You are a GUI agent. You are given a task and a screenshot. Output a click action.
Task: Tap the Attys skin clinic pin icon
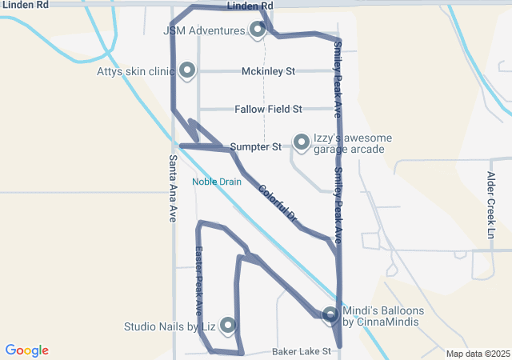[x=187, y=70]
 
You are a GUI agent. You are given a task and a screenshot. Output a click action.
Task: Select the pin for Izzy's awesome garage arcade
[x=302, y=142]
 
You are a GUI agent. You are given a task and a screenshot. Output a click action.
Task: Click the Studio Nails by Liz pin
[x=228, y=325]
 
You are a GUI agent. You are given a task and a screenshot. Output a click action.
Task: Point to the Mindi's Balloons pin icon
[x=330, y=315]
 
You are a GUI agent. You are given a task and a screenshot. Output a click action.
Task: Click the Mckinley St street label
[x=268, y=71]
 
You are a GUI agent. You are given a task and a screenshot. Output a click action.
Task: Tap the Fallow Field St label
[x=268, y=109]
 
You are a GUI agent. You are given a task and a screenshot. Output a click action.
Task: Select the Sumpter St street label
[x=255, y=147]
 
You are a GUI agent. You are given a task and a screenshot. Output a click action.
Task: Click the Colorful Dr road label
[x=278, y=203]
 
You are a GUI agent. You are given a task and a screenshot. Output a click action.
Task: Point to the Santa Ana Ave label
[x=173, y=188]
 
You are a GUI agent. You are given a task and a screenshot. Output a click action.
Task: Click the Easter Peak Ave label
[x=199, y=279]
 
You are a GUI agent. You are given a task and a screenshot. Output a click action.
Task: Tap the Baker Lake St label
[x=302, y=351]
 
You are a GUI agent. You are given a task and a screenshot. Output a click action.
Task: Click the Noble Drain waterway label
[x=216, y=182]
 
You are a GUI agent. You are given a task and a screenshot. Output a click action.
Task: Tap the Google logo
[x=26, y=350]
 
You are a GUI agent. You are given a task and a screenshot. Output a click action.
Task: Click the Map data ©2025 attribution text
[x=478, y=354]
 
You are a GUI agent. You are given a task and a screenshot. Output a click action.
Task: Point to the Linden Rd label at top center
[x=250, y=6]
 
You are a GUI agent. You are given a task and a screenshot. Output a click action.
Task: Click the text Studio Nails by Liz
[x=170, y=326]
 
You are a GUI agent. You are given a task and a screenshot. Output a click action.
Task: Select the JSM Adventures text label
[x=203, y=31]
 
